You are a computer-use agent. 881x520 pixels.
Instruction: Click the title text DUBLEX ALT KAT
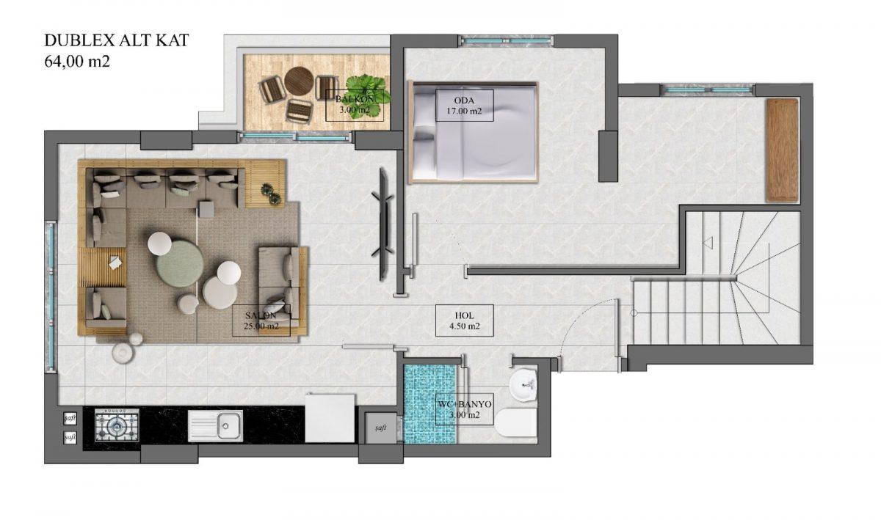tap(117, 40)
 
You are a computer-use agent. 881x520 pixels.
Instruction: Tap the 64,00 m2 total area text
tap(77, 62)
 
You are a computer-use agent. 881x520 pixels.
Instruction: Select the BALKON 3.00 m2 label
tap(355, 105)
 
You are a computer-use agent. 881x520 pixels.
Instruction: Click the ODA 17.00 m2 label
tap(464, 106)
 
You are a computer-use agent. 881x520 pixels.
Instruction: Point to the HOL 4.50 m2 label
tap(464, 321)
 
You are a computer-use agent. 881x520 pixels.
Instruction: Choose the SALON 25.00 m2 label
tap(261, 321)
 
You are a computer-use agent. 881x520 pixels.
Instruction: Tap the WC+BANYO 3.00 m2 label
tap(465, 409)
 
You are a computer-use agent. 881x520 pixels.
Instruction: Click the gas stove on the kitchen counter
tap(117, 425)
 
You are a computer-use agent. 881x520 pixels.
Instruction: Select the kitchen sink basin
tap(215, 425)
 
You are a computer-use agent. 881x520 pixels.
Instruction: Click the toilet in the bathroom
tap(516, 422)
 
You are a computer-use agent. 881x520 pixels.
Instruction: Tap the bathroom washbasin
tap(523, 385)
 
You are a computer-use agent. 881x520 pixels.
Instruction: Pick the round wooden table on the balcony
tap(299, 81)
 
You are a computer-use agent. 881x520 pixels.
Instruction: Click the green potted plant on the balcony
tap(368, 95)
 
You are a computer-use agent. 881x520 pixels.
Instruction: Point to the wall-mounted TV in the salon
tap(383, 224)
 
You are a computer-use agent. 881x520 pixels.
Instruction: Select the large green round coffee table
tap(180, 265)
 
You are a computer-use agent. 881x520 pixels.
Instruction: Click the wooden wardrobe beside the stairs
tap(783, 150)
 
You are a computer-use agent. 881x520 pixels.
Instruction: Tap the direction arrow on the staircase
tap(708, 242)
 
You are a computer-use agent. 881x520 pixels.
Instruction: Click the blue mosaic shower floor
tap(431, 404)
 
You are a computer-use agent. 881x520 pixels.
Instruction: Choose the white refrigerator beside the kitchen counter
tap(330, 418)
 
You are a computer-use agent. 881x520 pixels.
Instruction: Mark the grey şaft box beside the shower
tap(380, 428)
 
